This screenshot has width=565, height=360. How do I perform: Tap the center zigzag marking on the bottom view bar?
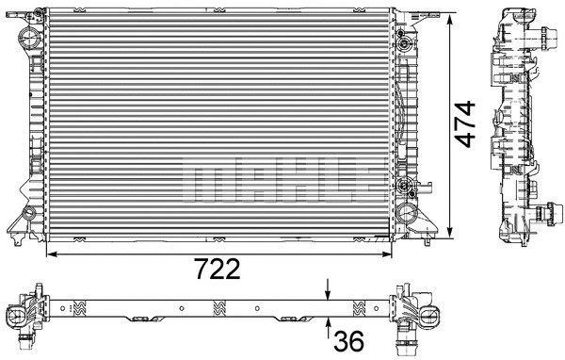tap(219, 306)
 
